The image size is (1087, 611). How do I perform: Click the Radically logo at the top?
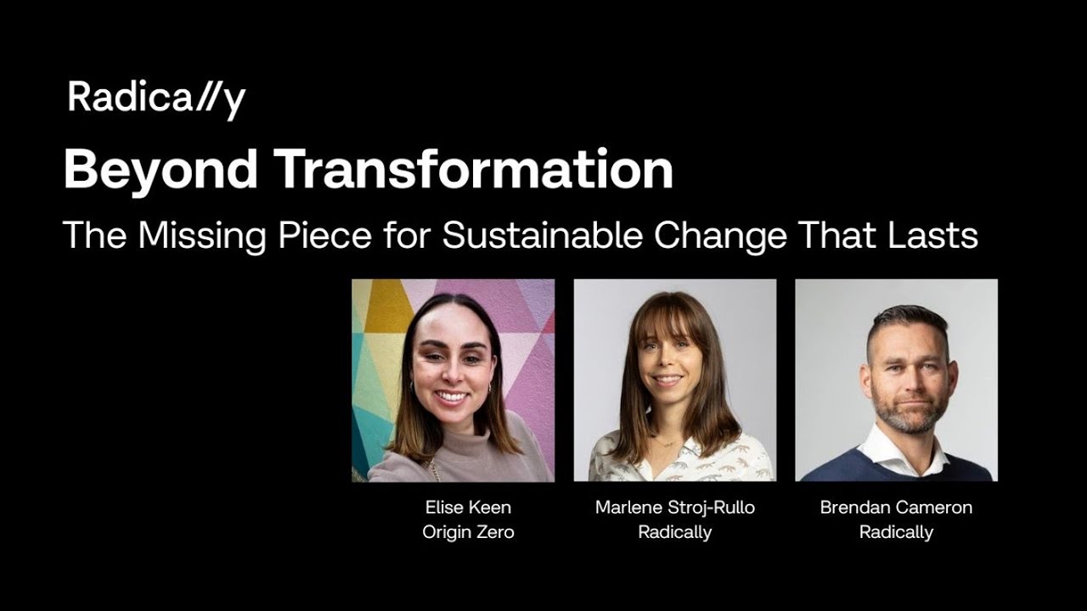(x=156, y=98)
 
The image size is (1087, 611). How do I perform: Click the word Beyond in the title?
(x=161, y=170)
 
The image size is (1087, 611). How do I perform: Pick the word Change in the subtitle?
(x=720, y=235)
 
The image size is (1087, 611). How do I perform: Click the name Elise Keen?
(x=468, y=507)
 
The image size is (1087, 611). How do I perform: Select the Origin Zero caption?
(x=468, y=533)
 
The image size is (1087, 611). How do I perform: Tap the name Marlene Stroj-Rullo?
(x=674, y=507)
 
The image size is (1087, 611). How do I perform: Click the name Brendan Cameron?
(x=896, y=507)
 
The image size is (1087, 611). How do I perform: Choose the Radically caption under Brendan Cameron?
(x=896, y=533)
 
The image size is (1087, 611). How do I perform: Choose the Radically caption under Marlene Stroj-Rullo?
(x=674, y=533)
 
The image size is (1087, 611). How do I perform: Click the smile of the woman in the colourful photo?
(x=452, y=395)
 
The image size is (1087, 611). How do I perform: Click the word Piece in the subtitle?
(x=324, y=235)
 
